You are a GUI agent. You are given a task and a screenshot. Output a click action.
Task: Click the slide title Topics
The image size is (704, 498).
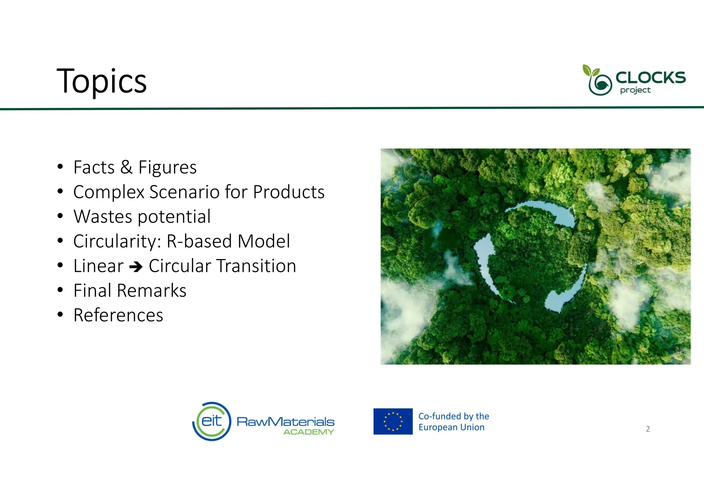101,81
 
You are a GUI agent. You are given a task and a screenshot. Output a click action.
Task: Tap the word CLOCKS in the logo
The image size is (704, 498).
650,77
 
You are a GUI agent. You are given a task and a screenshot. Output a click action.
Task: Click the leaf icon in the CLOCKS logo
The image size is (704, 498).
591,71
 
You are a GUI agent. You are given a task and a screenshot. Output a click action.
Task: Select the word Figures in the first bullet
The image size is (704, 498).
167,167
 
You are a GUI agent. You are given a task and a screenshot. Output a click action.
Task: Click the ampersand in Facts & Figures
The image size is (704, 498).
126,167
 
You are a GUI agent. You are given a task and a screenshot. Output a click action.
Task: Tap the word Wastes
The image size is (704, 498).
103,217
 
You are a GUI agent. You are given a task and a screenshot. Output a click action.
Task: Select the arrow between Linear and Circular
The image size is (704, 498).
136,267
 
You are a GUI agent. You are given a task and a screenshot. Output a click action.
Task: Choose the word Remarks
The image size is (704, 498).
152,291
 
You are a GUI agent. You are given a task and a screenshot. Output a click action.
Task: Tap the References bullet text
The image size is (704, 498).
118,315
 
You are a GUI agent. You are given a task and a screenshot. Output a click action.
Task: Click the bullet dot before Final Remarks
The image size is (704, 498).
60,290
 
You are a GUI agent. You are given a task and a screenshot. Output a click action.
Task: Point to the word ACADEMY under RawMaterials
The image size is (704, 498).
308,432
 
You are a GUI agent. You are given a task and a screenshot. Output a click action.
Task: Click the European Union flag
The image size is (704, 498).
393,421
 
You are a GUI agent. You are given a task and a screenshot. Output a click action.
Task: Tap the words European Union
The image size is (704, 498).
451,427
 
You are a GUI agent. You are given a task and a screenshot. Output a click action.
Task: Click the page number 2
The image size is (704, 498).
648,429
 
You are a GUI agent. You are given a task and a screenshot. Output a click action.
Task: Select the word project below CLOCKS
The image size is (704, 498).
635,90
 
